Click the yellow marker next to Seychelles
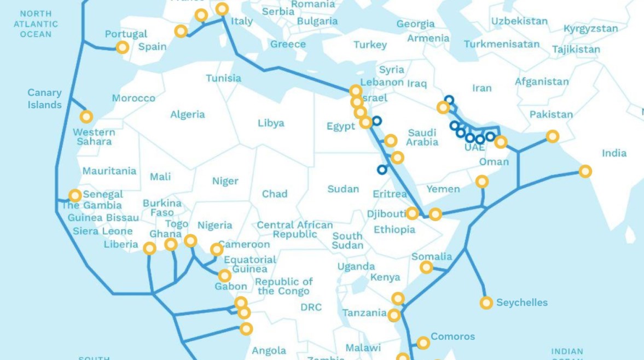486,303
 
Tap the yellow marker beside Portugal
123,48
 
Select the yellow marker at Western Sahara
86,117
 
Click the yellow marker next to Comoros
423,343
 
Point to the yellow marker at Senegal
75,195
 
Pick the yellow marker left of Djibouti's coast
412,213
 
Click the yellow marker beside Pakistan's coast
553,136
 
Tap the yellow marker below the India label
585,171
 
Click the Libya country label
271,123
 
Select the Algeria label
188,114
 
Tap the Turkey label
370,45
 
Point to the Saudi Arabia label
422,137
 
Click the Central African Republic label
295,230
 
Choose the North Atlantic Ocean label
36,24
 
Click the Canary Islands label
45,98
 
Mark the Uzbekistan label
519,21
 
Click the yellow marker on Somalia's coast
426,268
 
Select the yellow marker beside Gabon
224,276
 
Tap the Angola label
269,350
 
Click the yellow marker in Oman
482,182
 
